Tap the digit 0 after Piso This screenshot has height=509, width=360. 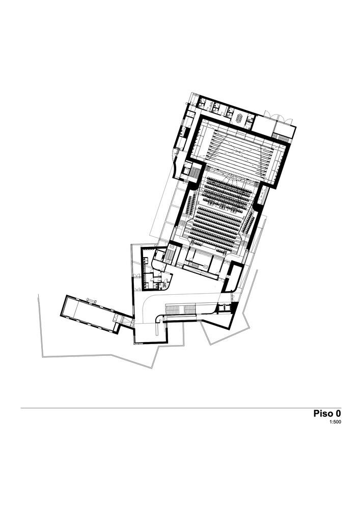[x=338, y=413]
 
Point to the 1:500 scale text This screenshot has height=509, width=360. [x=335, y=422]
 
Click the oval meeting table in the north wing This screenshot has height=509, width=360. [x=240, y=118]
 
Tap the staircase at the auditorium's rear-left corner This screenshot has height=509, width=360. [x=170, y=254]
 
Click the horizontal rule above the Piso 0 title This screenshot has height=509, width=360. [x=181, y=408]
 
